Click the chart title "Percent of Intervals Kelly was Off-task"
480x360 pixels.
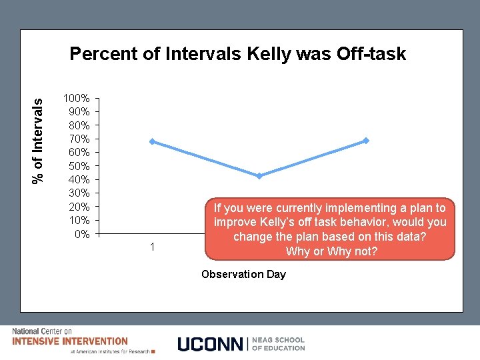(x=237, y=54)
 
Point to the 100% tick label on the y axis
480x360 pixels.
(x=76, y=98)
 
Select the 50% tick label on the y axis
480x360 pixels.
(x=79, y=166)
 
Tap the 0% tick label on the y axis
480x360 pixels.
(x=81, y=234)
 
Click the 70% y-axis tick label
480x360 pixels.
(x=79, y=139)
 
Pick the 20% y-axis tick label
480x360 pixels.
(x=79, y=207)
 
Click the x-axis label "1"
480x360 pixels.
(x=153, y=247)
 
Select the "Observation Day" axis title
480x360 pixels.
(x=243, y=274)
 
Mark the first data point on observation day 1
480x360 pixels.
(x=153, y=141)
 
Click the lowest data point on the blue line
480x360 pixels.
(x=259, y=176)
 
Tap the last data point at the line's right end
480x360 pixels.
(x=366, y=141)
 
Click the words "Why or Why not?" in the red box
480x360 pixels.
(x=331, y=251)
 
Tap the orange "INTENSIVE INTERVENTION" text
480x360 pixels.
(x=70, y=341)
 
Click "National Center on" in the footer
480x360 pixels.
(x=42, y=331)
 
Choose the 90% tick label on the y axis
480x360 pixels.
(x=79, y=111)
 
